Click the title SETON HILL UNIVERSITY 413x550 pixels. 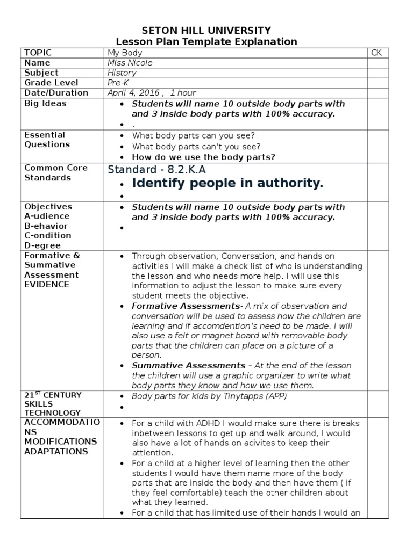click(x=206, y=30)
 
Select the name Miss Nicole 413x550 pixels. click(x=130, y=63)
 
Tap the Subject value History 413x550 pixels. click(x=122, y=73)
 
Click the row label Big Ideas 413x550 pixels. click(x=45, y=103)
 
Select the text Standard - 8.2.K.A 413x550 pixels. click(x=156, y=170)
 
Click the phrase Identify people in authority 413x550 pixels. click(x=227, y=184)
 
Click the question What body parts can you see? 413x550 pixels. click(x=194, y=135)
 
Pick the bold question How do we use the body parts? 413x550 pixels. click(x=203, y=157)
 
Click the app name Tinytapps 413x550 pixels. click(x=239, y=396)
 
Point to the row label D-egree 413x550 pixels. click(x=42, y=245)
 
